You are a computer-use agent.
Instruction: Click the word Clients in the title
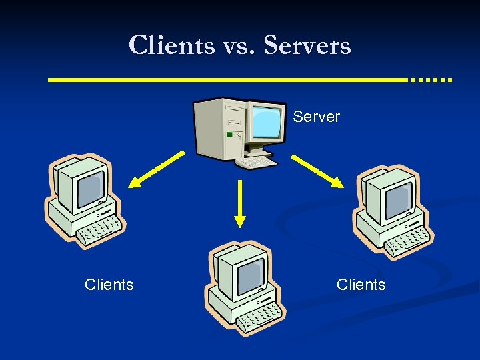171,45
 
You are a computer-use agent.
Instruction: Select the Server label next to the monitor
316,117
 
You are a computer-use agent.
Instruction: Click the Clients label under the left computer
109,285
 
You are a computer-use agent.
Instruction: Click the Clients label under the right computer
361,285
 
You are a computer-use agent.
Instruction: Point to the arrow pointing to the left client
156,169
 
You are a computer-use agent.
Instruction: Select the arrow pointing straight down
240,203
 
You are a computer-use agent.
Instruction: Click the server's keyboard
257,161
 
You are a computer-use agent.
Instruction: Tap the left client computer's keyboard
100,231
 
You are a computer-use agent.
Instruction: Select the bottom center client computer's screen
250,274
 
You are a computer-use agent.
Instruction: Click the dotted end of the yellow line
431,79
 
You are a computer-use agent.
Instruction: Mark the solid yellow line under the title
227,79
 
